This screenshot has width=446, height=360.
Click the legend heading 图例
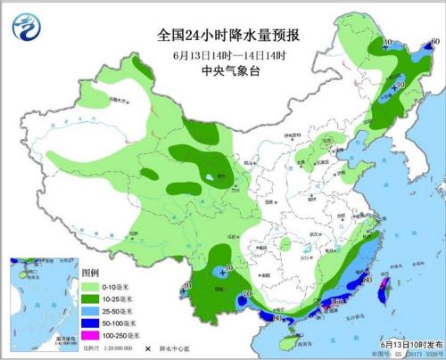tap(90, 272)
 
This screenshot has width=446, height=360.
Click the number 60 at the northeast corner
tap(434, 43)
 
